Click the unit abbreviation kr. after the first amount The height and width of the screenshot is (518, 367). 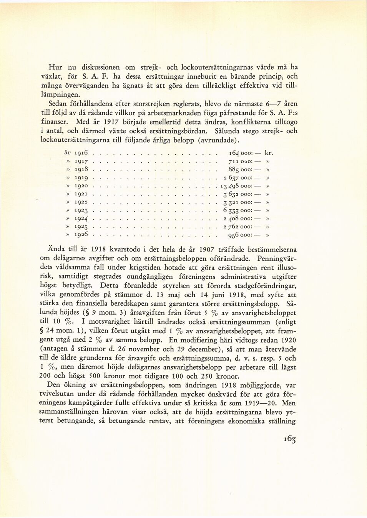pos(269,153)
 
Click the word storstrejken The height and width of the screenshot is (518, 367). pos(167,104)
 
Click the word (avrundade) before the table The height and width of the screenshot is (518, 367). pos(218,140)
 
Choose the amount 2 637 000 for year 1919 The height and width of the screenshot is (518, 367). pos(237,178)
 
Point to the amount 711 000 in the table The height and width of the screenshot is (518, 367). pos(240,161)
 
